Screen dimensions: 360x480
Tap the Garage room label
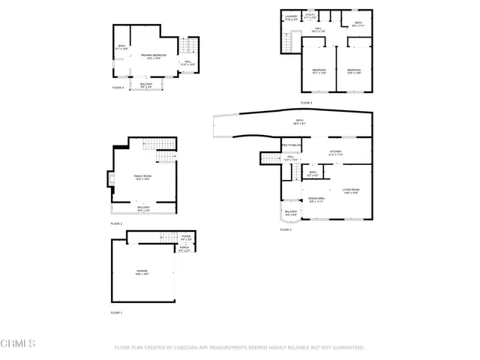[x=142, y=272]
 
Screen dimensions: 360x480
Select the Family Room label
[x=142, y=177]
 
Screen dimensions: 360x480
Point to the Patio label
[x=299, y=121]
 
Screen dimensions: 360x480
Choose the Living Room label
[x=352, y=191]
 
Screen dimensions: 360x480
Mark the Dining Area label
[x=316, y=200]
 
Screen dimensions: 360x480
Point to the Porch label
[x=184, y=249]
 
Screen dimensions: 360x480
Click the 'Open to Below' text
[x=291, y=145]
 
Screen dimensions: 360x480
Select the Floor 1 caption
[x=116, y=312]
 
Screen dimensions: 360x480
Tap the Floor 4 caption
[x=118, y=88]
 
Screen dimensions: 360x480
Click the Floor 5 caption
[x=306, y=103]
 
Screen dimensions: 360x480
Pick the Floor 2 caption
[x=116, y=223]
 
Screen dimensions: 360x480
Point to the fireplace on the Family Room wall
[x=108, y=178]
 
